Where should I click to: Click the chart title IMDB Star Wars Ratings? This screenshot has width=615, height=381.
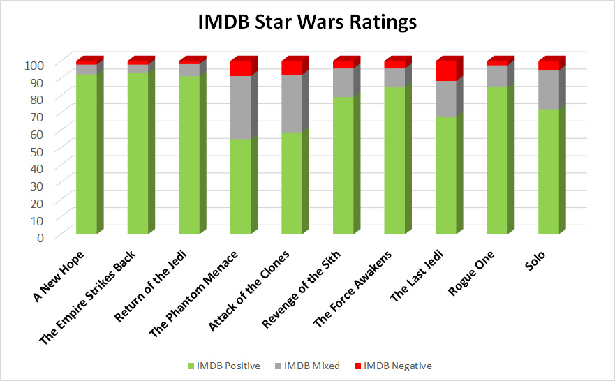pos(307,22)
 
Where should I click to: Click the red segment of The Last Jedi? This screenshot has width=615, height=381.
pos(446,70)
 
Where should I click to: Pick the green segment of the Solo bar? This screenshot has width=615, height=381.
pos(549,171)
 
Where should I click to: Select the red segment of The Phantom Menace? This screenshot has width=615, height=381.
pos(241,68)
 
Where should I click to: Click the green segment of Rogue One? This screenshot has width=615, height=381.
pos(497,160)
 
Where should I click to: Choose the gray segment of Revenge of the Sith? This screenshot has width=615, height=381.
pos(343,82)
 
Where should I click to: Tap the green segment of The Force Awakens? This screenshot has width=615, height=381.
pos(394,160)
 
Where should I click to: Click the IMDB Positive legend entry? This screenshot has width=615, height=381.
pos(223,366)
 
